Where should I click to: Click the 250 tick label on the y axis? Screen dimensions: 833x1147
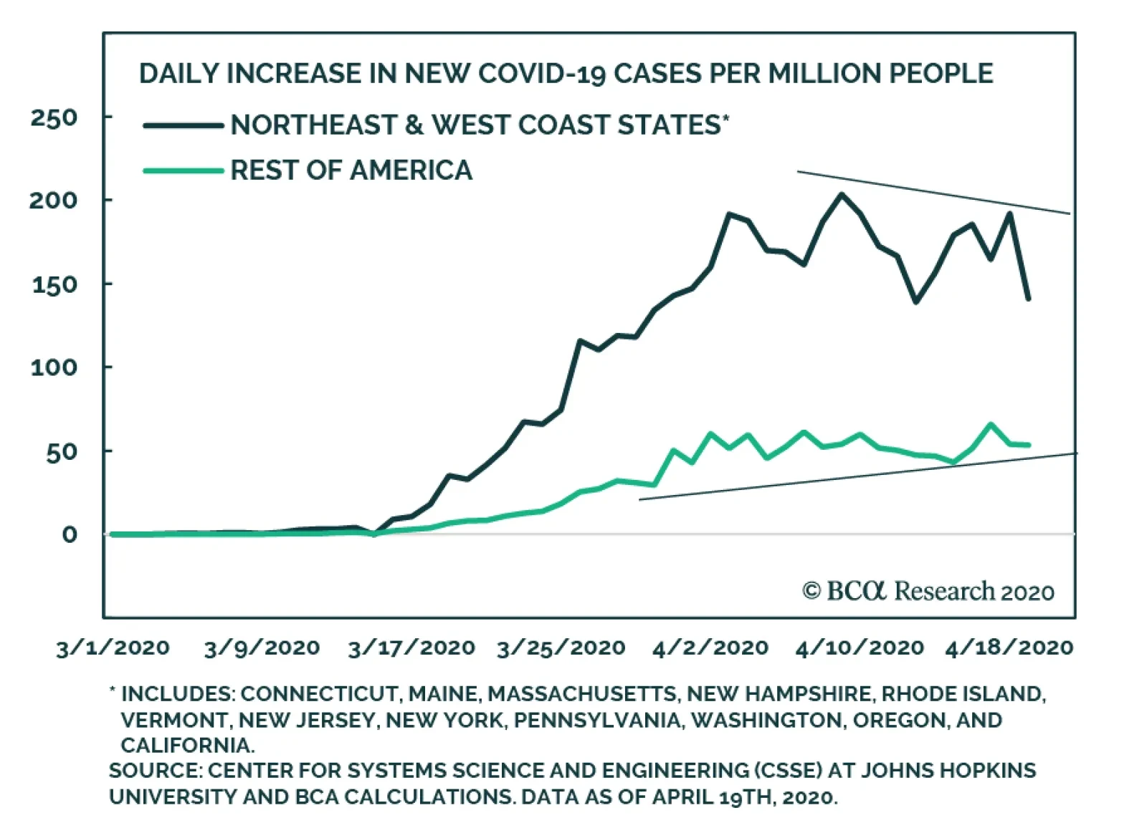(x=53, y=117)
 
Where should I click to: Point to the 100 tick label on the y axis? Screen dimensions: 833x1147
(x=53, y=367)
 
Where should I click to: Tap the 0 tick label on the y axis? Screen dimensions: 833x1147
(x=69, y=534)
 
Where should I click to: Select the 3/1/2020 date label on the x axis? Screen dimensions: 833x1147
(x=113, y=648)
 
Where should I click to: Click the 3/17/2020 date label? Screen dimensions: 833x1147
(x=411, y=648)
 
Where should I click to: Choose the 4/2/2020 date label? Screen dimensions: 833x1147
(x=710, y=648)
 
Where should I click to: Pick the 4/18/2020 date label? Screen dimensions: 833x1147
(x=1009, y=648)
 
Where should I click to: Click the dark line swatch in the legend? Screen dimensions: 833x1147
(x=184, y=126)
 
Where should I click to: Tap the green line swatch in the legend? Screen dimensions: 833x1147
(x=184, y=170)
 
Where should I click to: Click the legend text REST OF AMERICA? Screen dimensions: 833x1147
(x=351, y=170)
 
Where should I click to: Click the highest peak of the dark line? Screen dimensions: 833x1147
(x=842, y=194)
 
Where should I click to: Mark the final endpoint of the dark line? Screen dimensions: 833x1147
(x=1029, y=299)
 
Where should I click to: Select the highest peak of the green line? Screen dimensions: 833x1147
(x=991, y=425)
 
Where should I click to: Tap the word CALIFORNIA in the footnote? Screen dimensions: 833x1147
(x=187, y=746)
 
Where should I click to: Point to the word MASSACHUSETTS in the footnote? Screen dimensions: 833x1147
(x=582, y=694)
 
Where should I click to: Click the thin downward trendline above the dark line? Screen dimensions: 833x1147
(x=932, y=192)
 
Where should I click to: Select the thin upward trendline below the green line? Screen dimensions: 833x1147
(x=860, y=477)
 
